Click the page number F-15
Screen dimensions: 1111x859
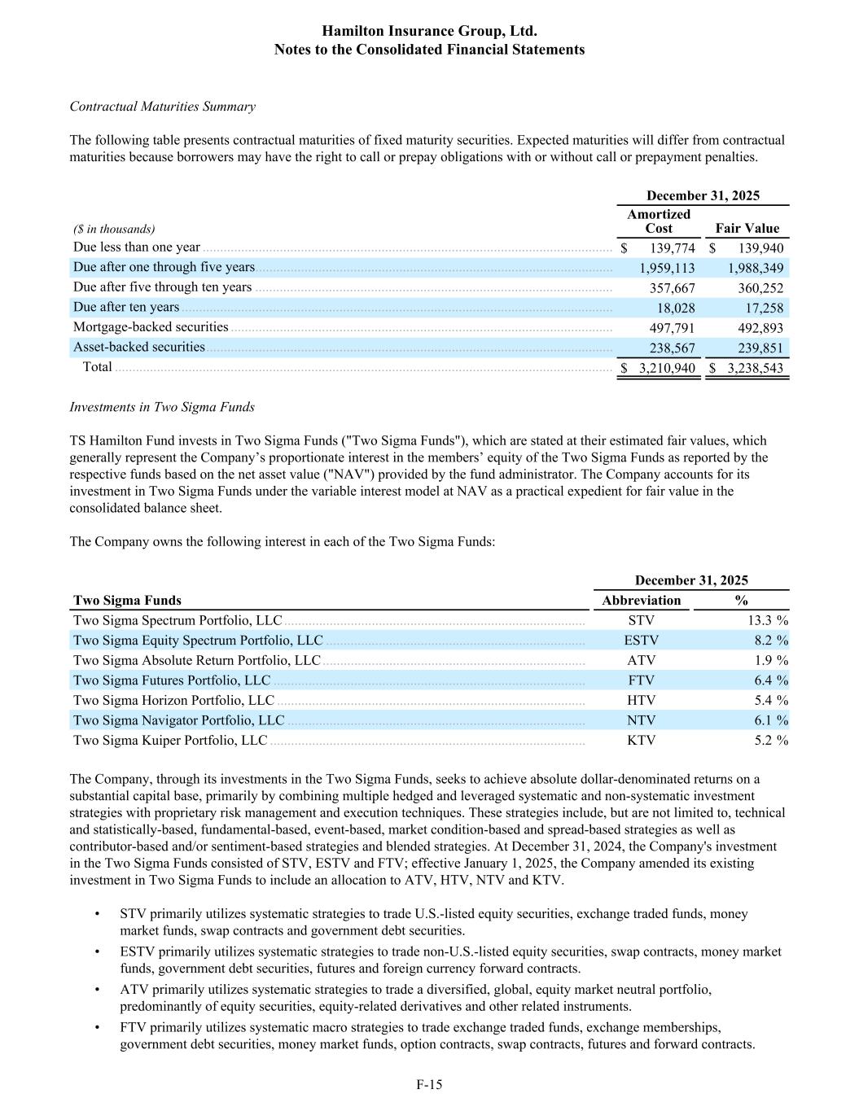pos(429,1084)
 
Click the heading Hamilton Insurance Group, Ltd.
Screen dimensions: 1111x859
pos(429,31)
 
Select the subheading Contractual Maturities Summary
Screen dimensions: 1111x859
pos(163,107)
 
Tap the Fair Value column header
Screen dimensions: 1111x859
pos(747,229)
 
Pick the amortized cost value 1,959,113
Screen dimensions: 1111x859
pos(667,268)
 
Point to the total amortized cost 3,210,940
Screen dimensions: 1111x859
pos(667,368)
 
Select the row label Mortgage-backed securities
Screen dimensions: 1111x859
pos(151,327)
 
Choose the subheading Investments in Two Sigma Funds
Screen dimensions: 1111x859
pos(162,407)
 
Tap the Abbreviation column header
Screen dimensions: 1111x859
pos(641,601)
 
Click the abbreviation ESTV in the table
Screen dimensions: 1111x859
pos(641,641)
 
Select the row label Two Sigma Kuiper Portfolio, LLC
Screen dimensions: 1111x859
pos(170,741)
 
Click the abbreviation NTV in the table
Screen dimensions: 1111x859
pos(641,720)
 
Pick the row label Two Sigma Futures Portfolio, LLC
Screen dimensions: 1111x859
pos(172,680)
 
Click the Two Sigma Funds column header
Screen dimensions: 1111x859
pos(128,601)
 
